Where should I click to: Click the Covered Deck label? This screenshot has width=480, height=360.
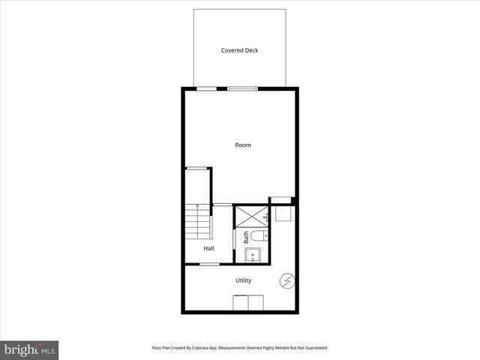point(239,50)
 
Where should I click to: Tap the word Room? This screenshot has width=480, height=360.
point(243,145)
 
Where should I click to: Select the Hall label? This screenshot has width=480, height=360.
point(208,248)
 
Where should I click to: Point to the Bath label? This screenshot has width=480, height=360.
point(245,238)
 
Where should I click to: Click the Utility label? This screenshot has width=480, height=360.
point(243,280)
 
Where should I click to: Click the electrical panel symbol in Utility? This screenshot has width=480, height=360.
point(286,280)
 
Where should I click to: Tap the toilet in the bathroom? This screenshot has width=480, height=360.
point(255,237)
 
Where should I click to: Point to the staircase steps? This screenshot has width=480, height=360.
point(197,222)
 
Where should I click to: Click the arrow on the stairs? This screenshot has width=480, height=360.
point(197,207)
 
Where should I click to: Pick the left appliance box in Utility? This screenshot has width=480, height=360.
point(240,304)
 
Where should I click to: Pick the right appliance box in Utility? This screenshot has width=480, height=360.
point(256,304)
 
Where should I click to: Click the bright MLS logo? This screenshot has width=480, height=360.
point(30,349)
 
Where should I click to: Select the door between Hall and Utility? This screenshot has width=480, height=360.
point(209,264)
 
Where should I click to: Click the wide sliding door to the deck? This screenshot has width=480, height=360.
point(242,88)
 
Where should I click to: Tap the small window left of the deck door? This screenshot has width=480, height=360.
point(202,88)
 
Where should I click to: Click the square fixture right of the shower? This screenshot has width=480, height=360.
point(282,214)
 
